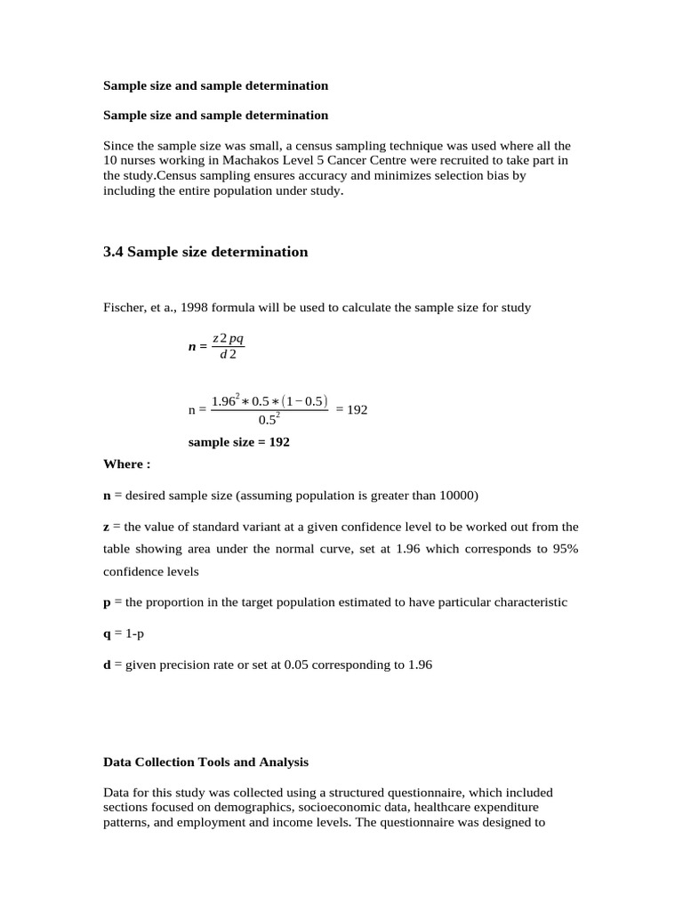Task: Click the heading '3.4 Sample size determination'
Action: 205,252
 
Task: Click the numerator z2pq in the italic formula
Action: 228,340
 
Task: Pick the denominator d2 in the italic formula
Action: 228,356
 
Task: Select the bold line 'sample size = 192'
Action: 238,441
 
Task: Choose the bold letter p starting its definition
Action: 107,602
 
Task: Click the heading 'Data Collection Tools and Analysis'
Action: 205,762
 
